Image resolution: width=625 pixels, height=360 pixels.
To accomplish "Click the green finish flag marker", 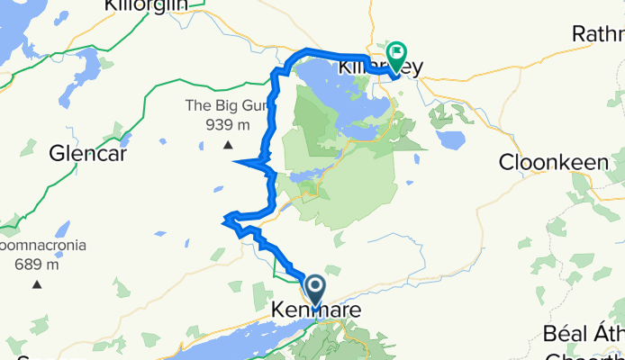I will pos(397,52).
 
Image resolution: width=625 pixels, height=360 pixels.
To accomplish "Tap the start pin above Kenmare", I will pos(316,289).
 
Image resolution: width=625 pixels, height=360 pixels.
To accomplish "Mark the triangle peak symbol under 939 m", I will pos(228,145).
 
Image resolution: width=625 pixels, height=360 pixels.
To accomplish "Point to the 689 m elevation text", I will pos(37,265).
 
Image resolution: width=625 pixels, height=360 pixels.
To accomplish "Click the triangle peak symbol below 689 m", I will pos(37,285).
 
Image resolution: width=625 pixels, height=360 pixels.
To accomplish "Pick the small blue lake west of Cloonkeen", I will pos(450,139).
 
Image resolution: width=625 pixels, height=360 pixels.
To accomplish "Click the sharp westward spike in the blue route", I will pos(236,162).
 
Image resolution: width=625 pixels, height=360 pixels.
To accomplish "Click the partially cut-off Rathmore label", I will pos(598,34).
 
